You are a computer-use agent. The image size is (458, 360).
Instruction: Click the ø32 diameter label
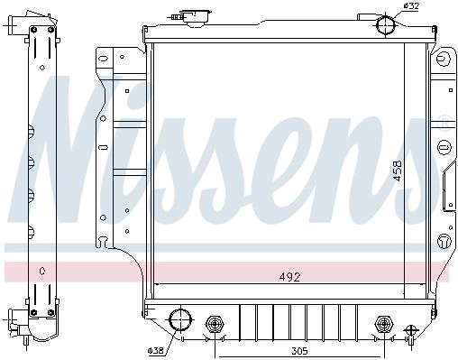[x=411, y=6]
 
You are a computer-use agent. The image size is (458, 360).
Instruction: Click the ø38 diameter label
[x=156, y=350]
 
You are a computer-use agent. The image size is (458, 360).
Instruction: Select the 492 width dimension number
[x=289, y=277]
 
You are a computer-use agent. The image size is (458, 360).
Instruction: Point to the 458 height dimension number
[x=398, y=171]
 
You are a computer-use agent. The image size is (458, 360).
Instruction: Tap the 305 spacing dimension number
[x=299, y=351]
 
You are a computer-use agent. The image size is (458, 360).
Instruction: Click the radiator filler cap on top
[x=196, y=17]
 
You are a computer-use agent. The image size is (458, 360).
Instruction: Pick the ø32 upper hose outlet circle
[x=386, y=24]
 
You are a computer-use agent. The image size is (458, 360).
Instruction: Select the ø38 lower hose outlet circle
[x=180, y=320]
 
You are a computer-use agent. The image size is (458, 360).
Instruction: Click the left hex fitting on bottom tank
[x=215, y=324]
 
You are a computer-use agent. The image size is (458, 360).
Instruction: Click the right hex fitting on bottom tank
[x=384, y=324]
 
